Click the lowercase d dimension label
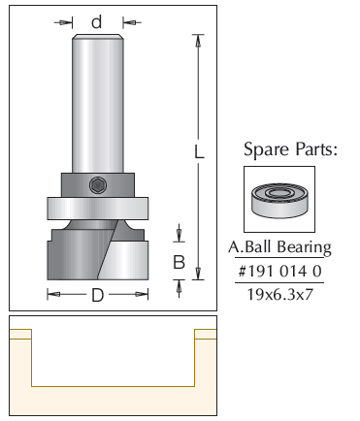pyautogui.click(x=97, y=22)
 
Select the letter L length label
pyautogui.click(x=200, y=151)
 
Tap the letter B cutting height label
pyautogui.click(x=179, y=262)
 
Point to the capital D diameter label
pyautogui.click(x=98, y=295)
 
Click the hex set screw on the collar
pyautogui.click(x=97, y=185)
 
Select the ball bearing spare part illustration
pyautogui.click(x=279, y=201)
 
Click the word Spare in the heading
pyautogui.click(x=266, y=150)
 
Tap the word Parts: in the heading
pyautogui.click(x=315, y=149)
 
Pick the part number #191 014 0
pyautogui.click(x=279, y=271)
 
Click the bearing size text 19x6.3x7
pyautogui.click(x=280, y=295)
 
